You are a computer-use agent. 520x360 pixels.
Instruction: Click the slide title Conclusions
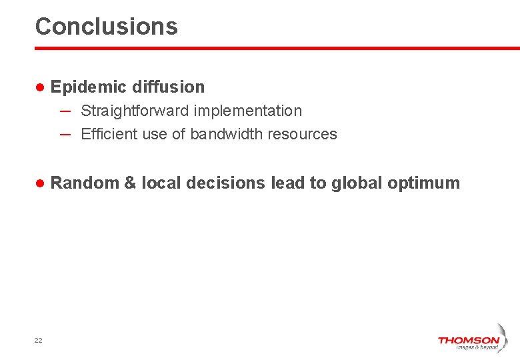[x=107, y=27]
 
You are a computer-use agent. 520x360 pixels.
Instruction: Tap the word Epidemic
[x=89, y=87]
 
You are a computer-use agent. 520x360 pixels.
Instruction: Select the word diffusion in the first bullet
[x=169, y=87]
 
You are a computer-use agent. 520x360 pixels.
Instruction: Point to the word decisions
[x=226, y=183]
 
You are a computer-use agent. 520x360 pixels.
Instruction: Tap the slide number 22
[x=38, y=341]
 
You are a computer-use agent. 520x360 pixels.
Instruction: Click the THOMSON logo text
[x=468, y=340]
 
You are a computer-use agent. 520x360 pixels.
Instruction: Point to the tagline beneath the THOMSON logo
[x=477, y=347]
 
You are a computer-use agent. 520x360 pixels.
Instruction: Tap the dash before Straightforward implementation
[x=65, y=110]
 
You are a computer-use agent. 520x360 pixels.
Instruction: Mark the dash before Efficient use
[x=65, y=133]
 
